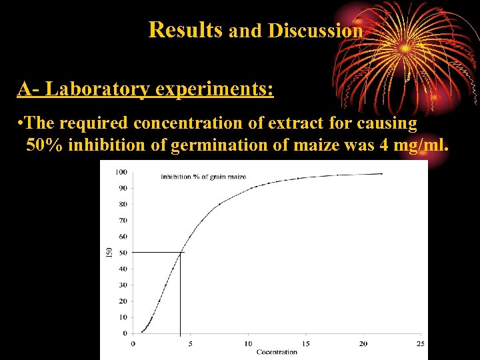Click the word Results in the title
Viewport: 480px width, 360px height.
point(186,30)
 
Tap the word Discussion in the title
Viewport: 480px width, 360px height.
point(316,31)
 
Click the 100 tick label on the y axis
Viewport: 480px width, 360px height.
point(121,172)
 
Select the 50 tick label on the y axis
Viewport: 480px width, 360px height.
point(123,253)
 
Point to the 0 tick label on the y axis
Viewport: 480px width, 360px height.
point(125,333)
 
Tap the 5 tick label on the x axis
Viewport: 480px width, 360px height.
point(190,344)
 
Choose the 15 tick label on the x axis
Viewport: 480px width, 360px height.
point(305,344)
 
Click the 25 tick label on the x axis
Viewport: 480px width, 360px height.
point(420,344)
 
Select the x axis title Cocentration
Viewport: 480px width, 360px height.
point(277,352)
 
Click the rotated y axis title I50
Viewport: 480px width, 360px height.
point(109,253)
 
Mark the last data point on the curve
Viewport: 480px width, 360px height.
point(381,173)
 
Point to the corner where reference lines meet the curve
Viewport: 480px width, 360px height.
point(180,252)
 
